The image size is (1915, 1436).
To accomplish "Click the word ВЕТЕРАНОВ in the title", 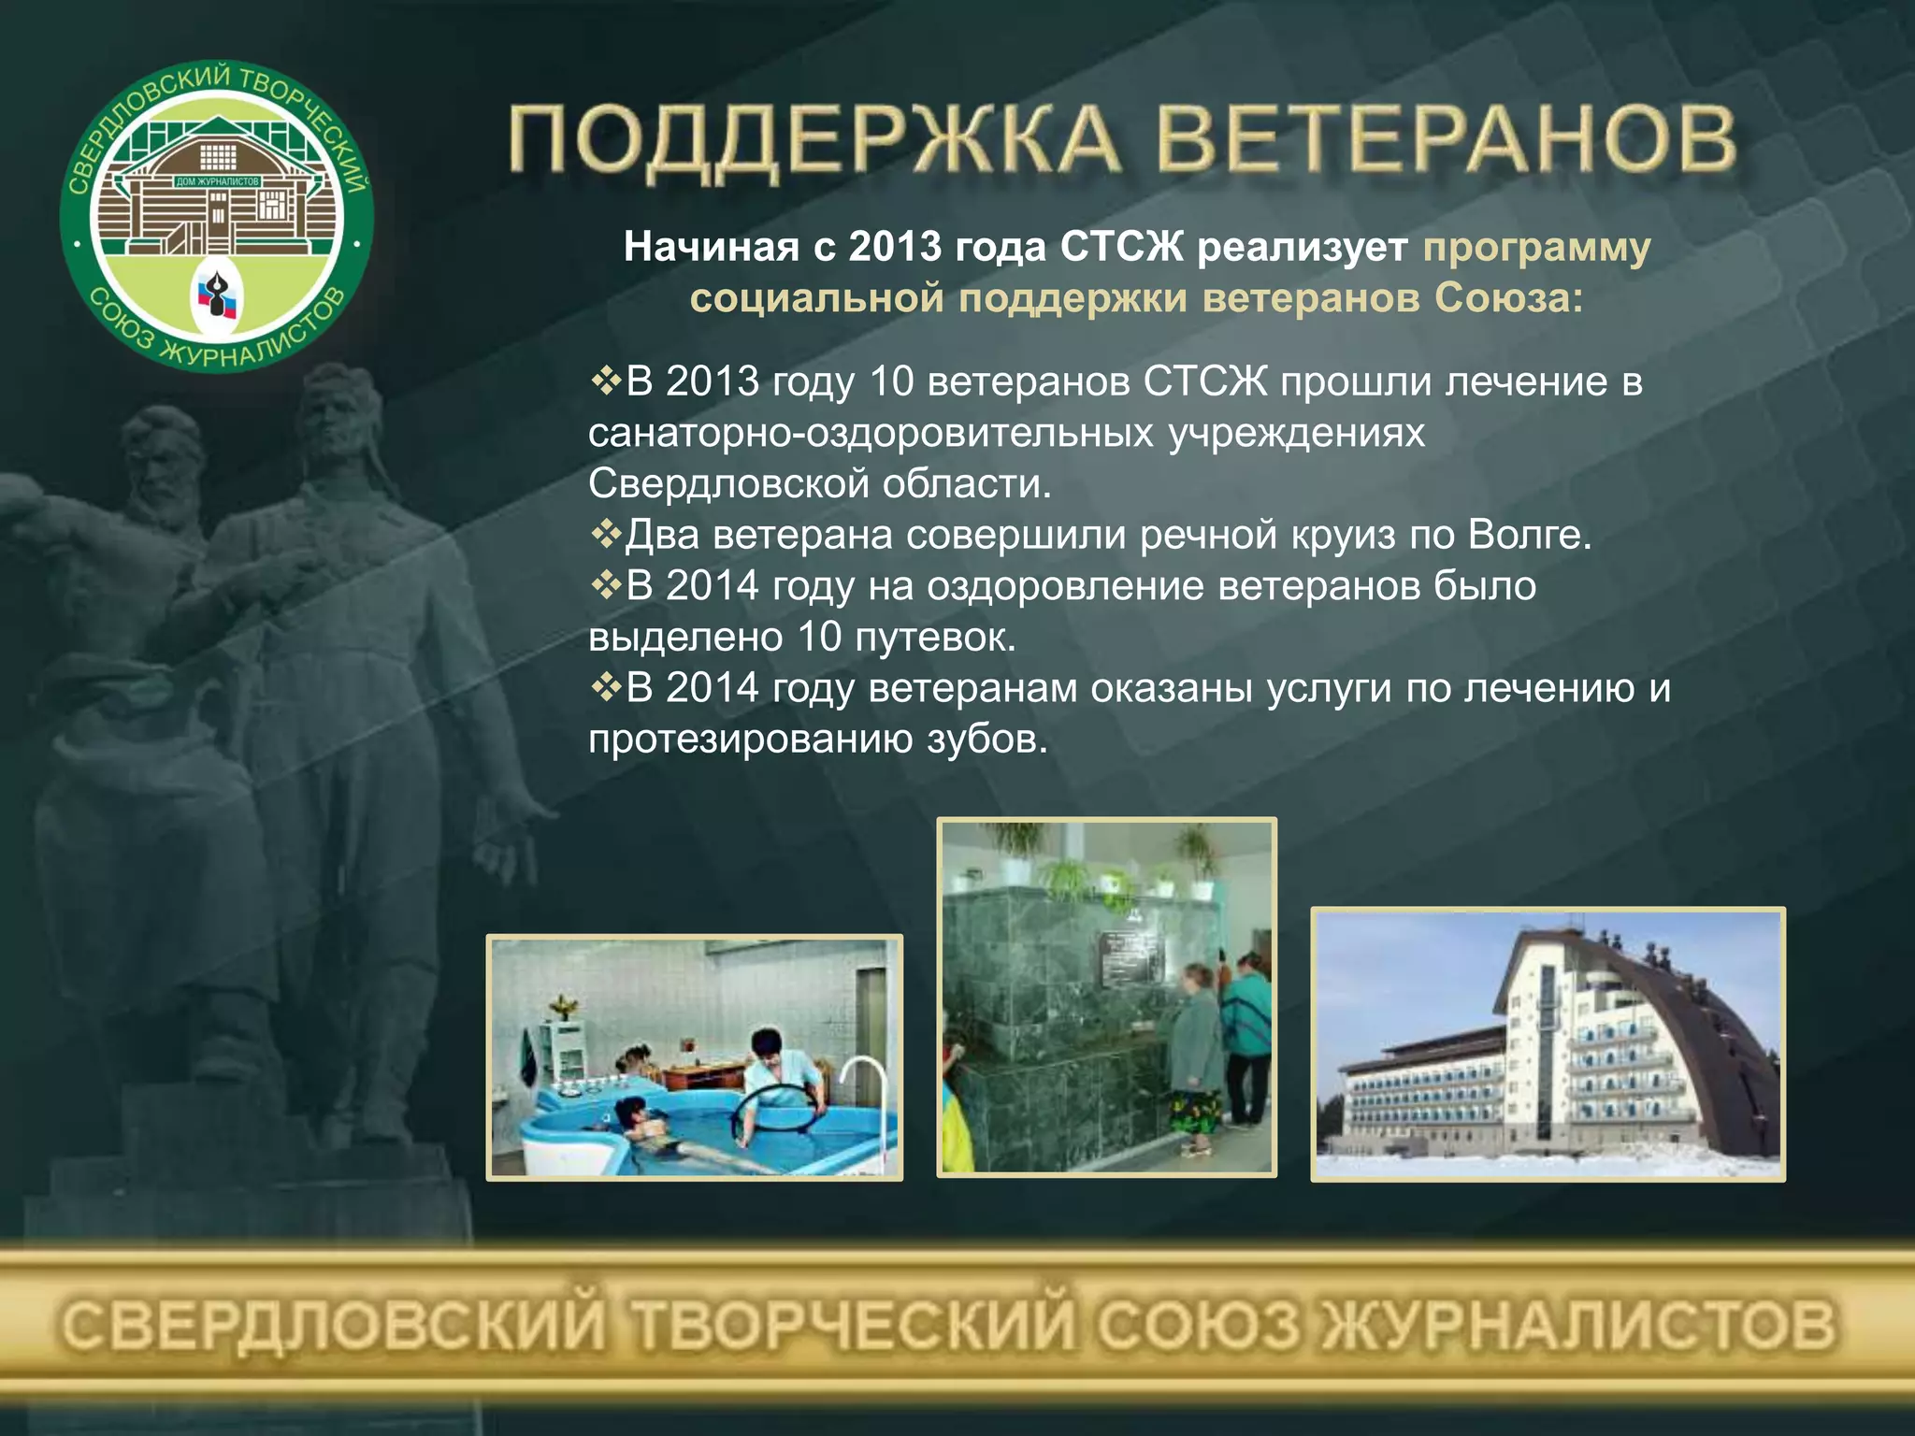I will [1446, 142].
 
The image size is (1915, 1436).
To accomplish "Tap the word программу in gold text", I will [1536, 248].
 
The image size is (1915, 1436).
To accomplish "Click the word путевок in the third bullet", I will [934, 638].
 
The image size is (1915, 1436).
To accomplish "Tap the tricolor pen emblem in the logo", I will [218, 299].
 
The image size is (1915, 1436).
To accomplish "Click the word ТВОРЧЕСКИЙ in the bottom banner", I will [852, 1326].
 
